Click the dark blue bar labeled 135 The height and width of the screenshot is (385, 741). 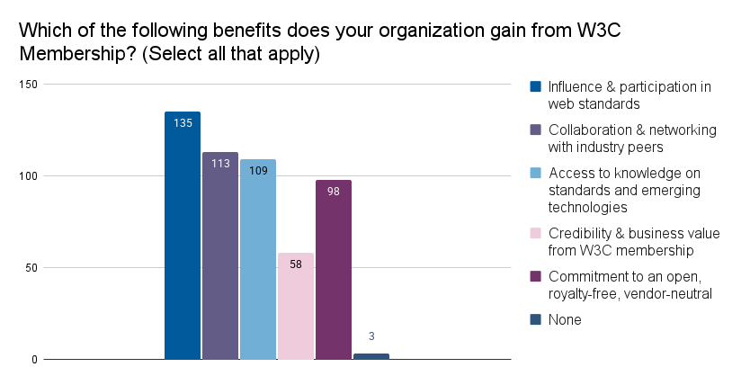click(x=183, y=236)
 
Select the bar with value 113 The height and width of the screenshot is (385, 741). click(x=220, y=255)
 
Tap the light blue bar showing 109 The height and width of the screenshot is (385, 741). click(x=258, y=259)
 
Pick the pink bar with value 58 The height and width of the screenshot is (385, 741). click(x=296, y=306)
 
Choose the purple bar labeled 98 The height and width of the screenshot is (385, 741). click(x=334, y=269)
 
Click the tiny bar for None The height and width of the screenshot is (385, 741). click(x=371, y=356)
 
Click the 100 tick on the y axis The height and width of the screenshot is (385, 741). click(x=29, y=176)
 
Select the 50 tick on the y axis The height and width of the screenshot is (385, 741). click(x=31, y=268)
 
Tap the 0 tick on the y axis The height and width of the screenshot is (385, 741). click(x=34, y=360)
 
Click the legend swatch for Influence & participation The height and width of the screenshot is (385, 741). click(x=536, y=87)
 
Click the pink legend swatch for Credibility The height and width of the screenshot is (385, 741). click(x=536, y=233)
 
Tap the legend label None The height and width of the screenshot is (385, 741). click(x=565, y=319)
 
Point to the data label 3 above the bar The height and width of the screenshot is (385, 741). click(x=371, y=337)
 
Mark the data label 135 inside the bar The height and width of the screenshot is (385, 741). click(x=183, y=122)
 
